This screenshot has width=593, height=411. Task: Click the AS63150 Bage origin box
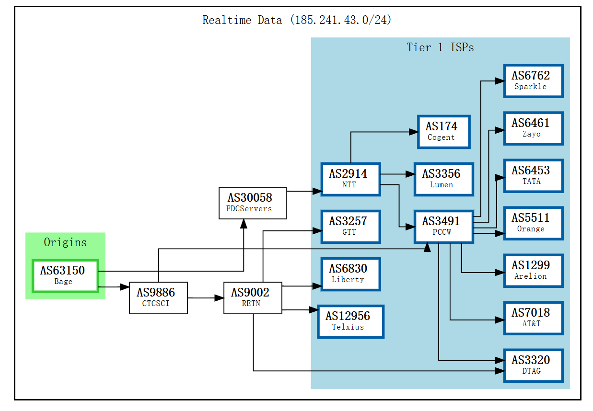pyautogui.click(x=65, y=275)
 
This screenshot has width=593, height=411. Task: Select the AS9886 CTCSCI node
pyautogui.click(x=158, y=298)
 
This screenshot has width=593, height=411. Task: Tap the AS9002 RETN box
pyautogui.click(x=253, y=298)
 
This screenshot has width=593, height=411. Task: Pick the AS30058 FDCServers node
pyautogui.click(x=253, y=203)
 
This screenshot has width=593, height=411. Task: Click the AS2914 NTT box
pyautogui.click(x=350, y=179)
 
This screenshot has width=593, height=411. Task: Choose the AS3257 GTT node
pyautogui.click(x=350, y=227)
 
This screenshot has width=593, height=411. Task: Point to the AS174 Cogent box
pyautogui.click(x=443, y=132)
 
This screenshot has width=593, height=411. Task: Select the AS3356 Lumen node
pyautogui.click(x=443, y=179)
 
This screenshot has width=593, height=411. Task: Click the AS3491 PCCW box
pyautogui.click(x=443, y=227)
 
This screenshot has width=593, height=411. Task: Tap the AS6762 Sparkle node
pyautogui.click(x=533, y=81)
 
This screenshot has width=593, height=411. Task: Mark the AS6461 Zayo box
pyautogui.click(x=533, y=128)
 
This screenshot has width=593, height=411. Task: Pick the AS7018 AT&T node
pyautogui.click(x=533, y=318)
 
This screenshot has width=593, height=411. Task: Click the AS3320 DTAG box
pyautogui.click(x=533, y=365)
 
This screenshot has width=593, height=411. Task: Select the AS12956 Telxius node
pyautogui.click(x=350, y=321)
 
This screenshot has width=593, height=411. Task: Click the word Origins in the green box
pyautogui.click(x=65, y=242)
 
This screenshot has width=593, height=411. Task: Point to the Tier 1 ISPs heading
pyautogui.click(x=440, y=47)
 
